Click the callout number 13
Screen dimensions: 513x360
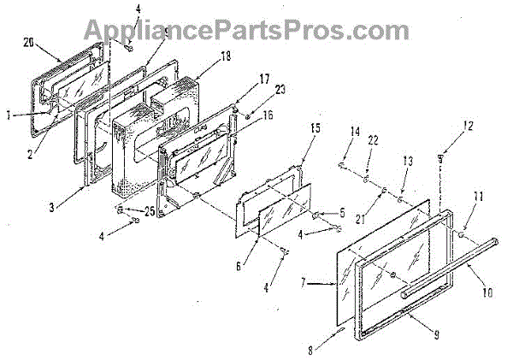pyautogui.click(x=408, y=161)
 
